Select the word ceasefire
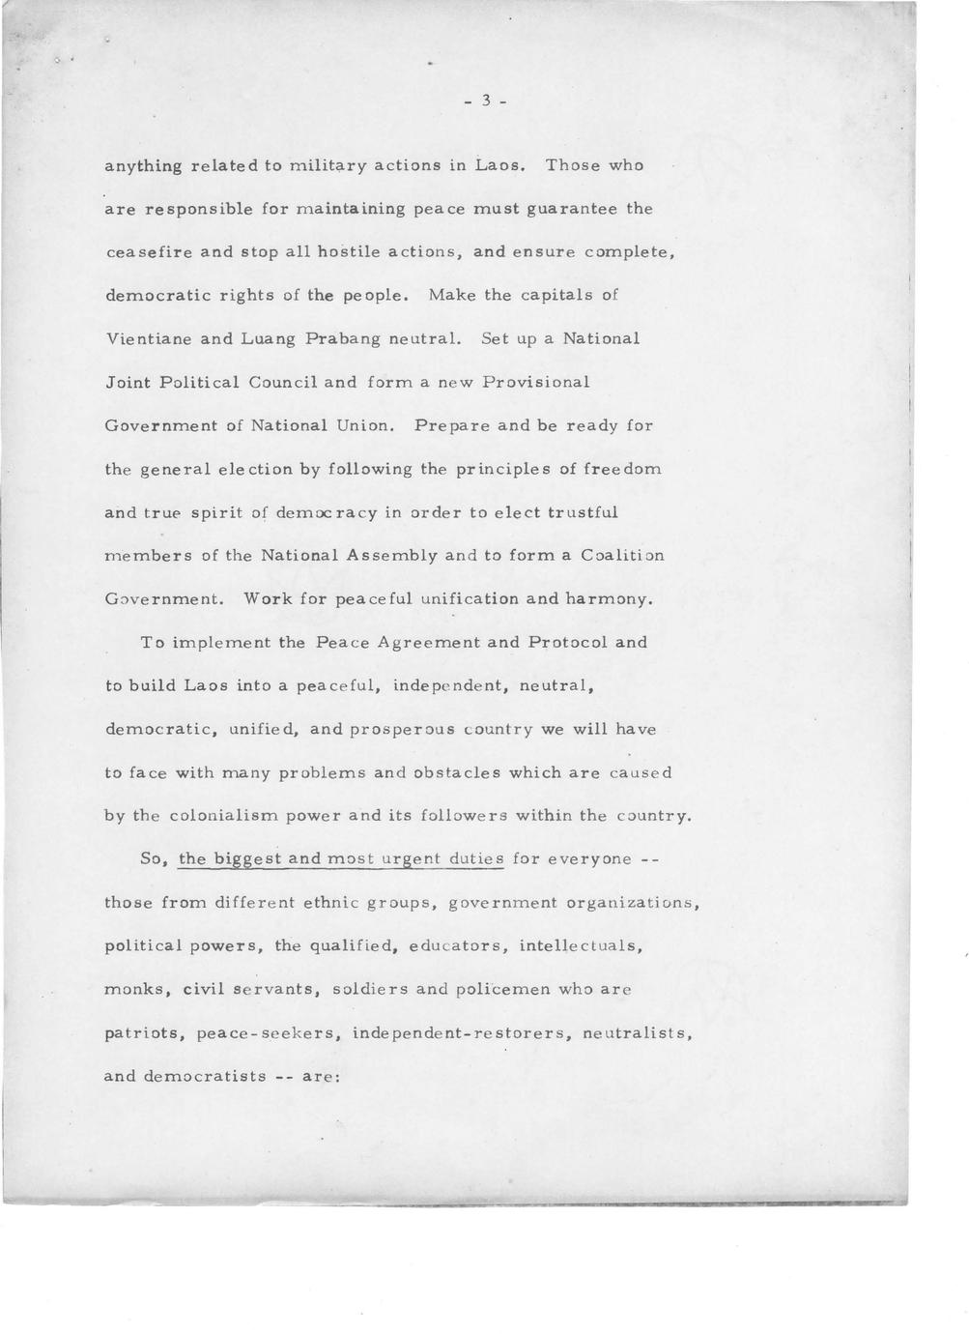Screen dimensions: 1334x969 pos(148,252)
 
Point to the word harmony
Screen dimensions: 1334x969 pos(609,599)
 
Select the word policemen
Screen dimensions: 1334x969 pos(524,990)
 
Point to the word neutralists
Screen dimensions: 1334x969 pos(638,1033)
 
